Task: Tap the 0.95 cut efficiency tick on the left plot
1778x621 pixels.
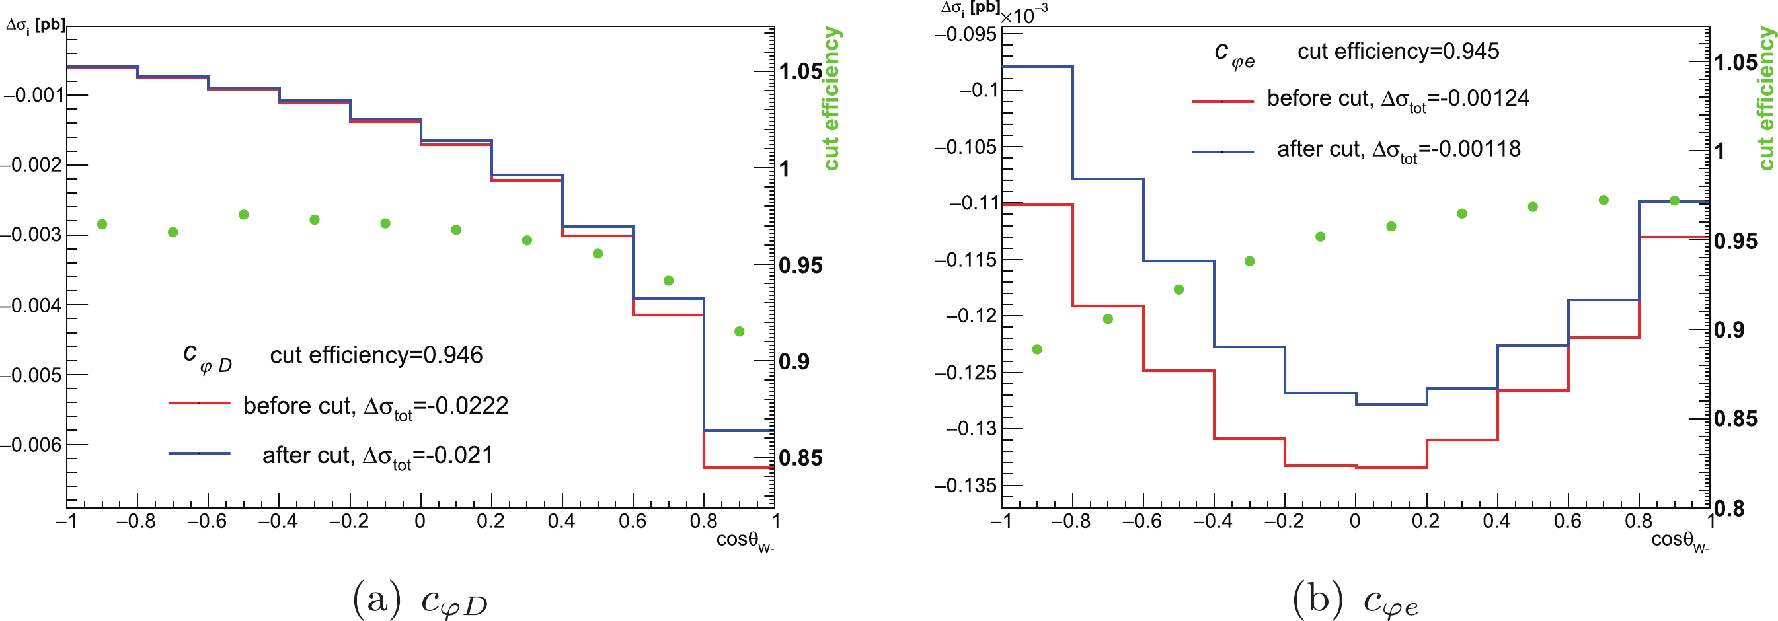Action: click(x=800, y=266)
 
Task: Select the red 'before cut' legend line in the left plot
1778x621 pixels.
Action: click(x=199, y=402)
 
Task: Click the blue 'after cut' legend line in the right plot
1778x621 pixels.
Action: click(x=1222, y=151)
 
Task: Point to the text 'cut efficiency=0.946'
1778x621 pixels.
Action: click(x=376, y=355)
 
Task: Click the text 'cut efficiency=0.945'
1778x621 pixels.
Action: click(x=1398, y=51)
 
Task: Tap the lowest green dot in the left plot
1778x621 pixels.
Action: click(x=739, y=332)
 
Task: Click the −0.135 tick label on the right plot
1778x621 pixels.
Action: click(x=966, y=486)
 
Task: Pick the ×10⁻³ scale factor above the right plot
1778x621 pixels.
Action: click(x=1024, y=14)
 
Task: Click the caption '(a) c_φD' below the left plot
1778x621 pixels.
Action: click(x=420, y=599)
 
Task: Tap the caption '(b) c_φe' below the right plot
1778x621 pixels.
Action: click(x=1355, y=599)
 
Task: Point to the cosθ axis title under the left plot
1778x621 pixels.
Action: click(x=744, y=541)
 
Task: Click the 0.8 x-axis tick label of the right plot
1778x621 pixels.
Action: click(x=1638, y=521)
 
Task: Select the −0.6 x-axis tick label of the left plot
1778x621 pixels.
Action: click(x=206, y=521)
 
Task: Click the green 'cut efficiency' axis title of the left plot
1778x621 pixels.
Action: click(x=831, y=98)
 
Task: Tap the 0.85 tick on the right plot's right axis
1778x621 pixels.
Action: click(x=1735, y=419)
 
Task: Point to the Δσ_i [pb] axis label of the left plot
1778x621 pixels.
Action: click(x=35, y=26)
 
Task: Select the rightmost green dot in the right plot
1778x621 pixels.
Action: click(x=1674, y=201)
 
